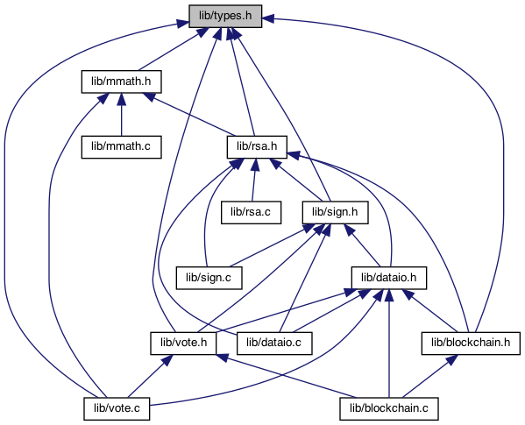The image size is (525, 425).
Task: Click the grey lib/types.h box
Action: [x=225, y=16]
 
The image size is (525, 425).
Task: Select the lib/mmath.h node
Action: [x=122, y=81]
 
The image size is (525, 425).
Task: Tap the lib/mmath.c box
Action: [x=122, y=147]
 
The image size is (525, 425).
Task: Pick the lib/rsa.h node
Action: [x=257, y=147]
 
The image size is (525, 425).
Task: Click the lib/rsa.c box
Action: [x=252, y=212]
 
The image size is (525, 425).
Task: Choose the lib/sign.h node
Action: [x=335, y=212]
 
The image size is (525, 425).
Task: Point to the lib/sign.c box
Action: [x=209, y=278]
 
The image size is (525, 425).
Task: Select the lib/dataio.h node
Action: [x=389, y=278]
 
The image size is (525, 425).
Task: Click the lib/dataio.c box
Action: [x=274, y=344]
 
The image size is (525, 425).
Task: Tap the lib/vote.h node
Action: [x=183, y=344]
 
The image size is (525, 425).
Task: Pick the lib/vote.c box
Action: [x=117, y=409]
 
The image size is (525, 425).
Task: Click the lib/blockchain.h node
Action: [x=471, y=344]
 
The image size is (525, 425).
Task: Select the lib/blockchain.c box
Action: [x=389, y=409]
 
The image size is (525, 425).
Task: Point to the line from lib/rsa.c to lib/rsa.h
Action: [x=254, y=180]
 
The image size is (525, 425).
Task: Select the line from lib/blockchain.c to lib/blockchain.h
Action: [x=429, y=377]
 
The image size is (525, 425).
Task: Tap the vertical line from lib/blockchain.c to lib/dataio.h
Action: [x=389, y=344]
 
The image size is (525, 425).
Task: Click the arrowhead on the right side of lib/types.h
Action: [x=268, y=18]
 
